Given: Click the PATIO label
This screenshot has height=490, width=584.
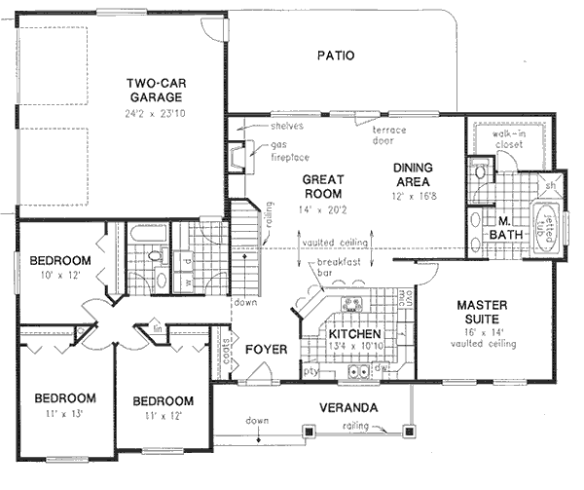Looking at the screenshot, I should (x=334, y=56).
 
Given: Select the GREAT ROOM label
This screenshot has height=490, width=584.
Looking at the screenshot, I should (x=317, y=186).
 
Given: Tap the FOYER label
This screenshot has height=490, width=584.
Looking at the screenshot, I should (x=263, y=349).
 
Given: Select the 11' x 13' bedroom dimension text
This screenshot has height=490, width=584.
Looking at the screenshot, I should (x=65, y=413).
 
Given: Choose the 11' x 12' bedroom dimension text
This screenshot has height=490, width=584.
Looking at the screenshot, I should (x=163, y=415).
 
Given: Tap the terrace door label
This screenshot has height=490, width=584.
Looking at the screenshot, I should (x=388, y=134).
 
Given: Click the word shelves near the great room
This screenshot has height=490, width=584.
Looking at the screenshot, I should (x=287, y=127).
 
